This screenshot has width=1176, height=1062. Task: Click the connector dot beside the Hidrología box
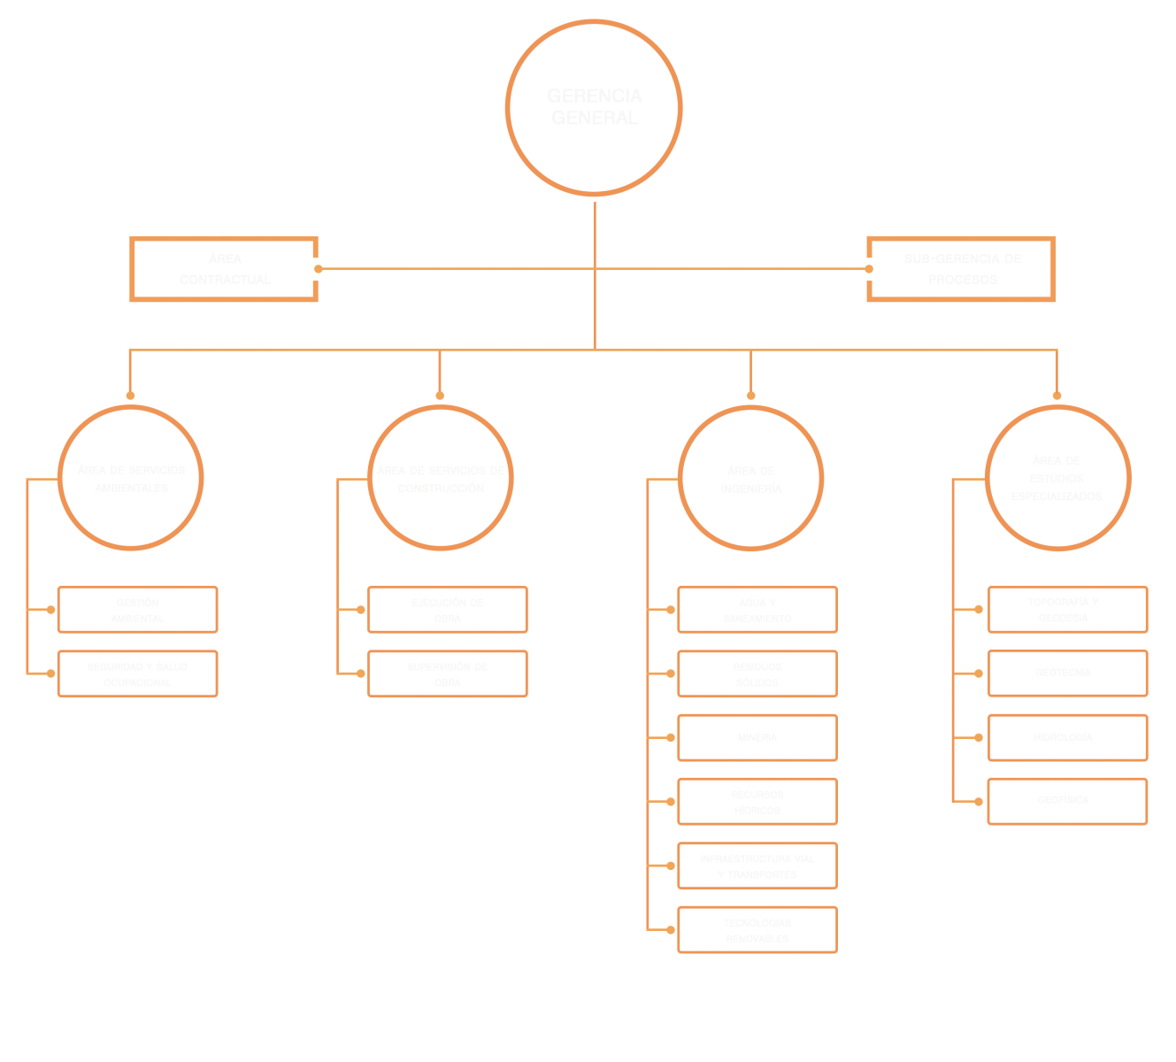[x=978, y=737]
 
